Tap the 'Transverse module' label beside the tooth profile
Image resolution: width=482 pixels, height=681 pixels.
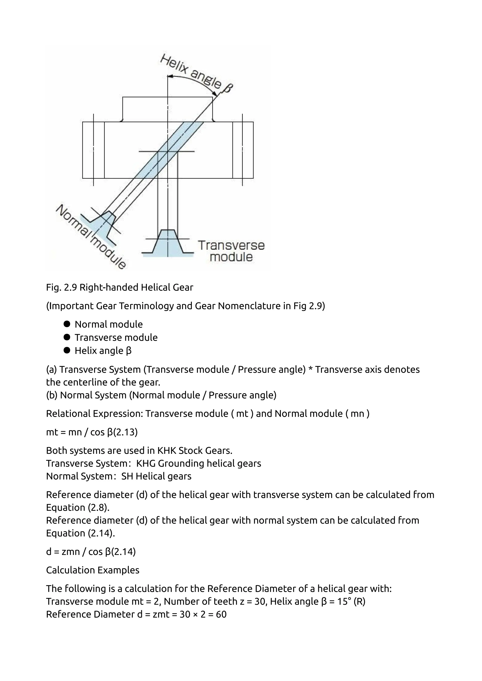231,251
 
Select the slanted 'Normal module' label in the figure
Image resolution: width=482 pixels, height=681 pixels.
91,237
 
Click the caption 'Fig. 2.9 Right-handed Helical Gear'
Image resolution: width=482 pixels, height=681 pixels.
120,287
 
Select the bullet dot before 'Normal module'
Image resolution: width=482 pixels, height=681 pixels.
67,324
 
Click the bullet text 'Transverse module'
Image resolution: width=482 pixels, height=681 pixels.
116,337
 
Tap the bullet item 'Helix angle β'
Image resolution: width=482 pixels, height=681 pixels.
103,351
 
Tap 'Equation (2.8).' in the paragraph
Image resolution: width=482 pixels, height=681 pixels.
78,507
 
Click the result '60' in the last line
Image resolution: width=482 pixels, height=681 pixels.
221,614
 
